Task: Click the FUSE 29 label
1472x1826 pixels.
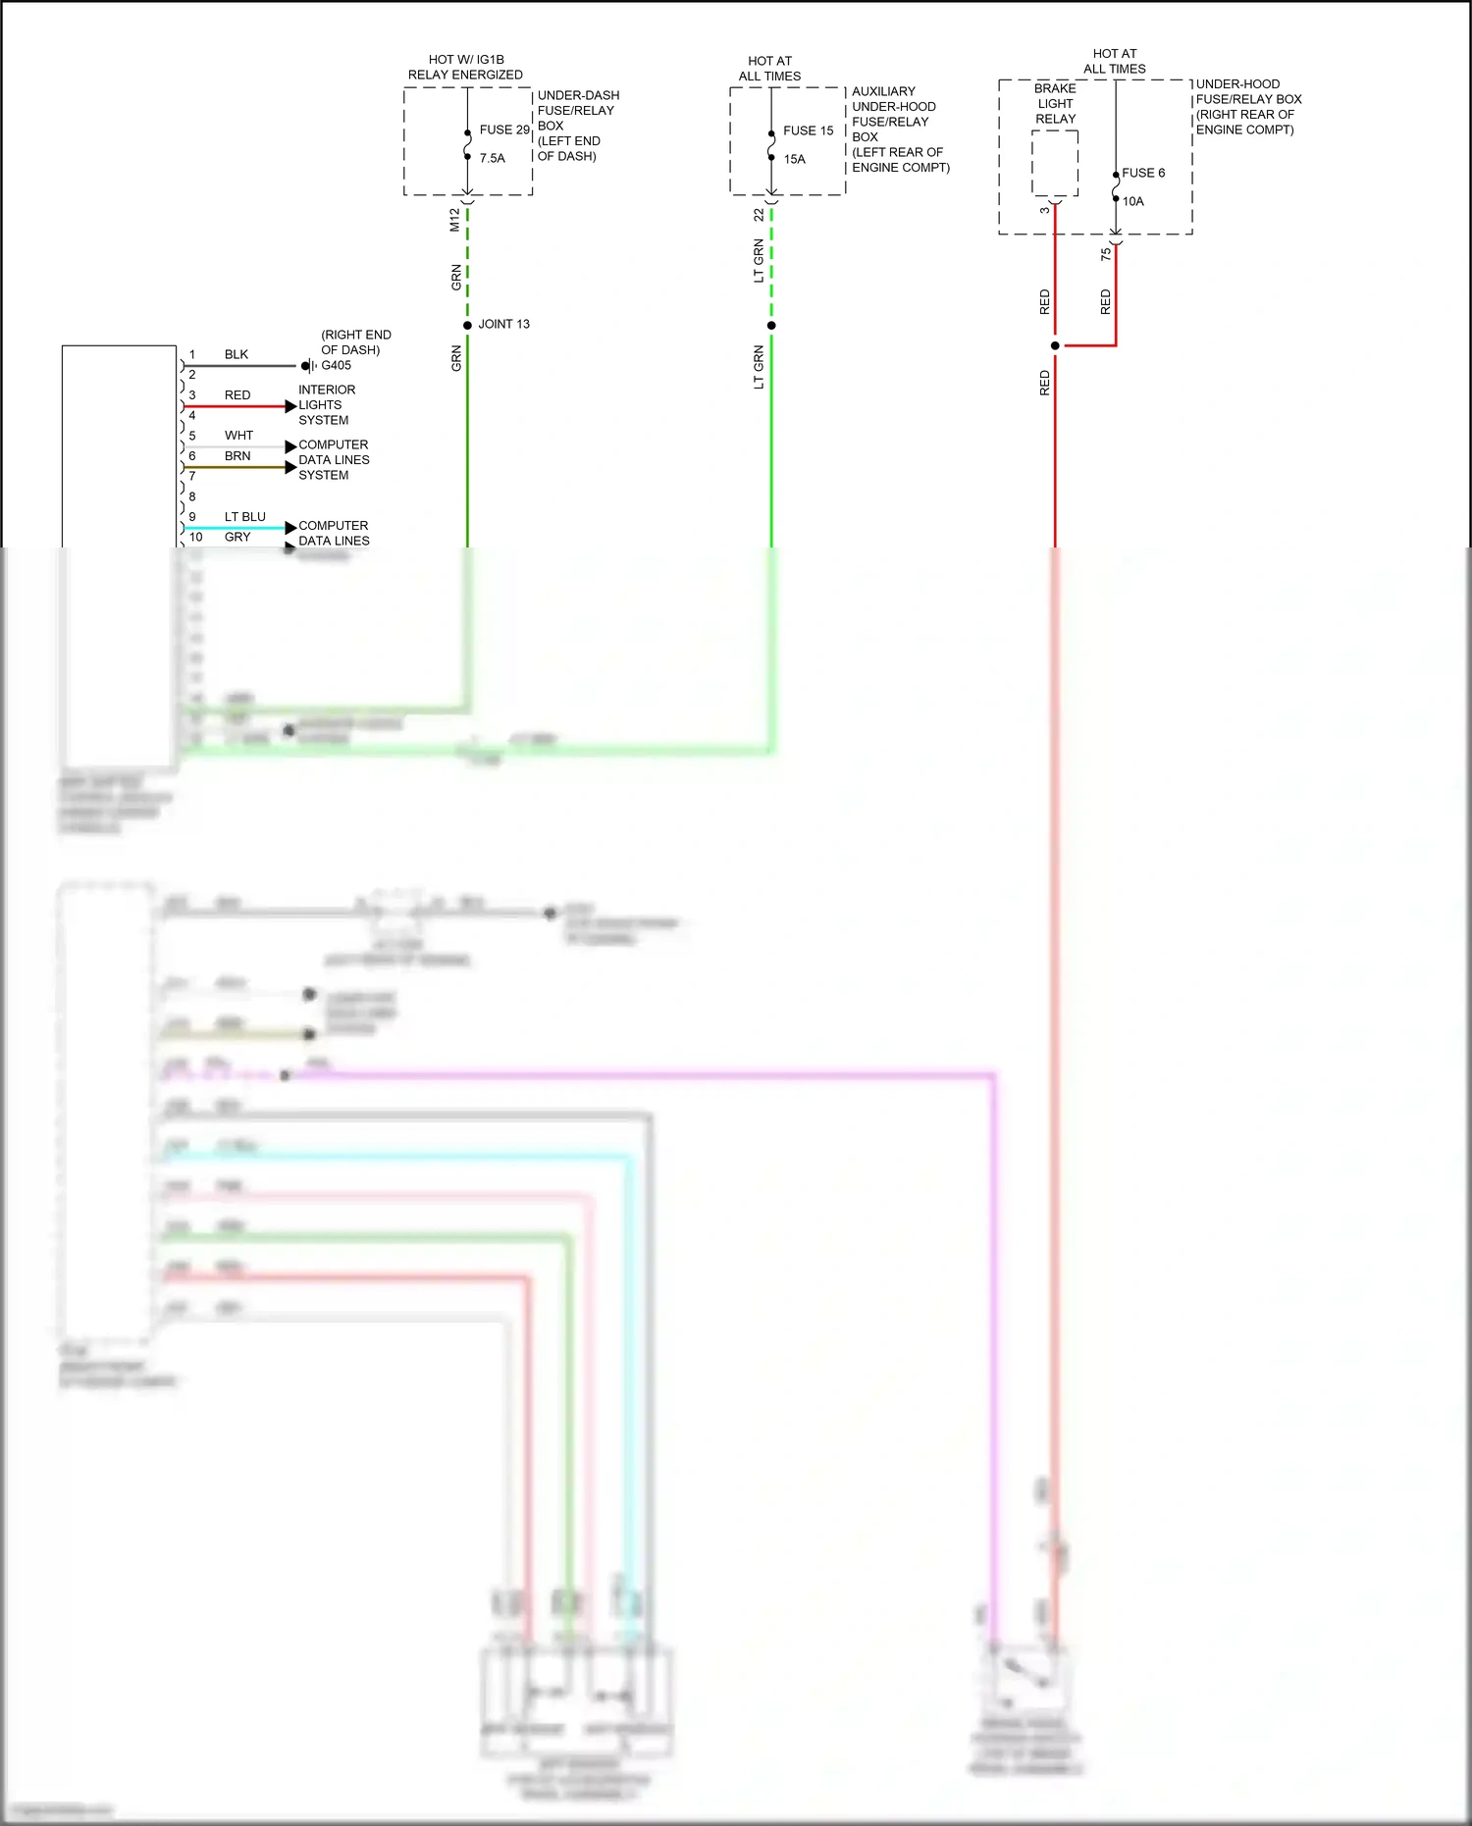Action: click(x=504, y=130)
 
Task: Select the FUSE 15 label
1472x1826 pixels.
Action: click(x=808, y=130)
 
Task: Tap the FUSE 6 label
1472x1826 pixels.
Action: click(x=1143, y=173)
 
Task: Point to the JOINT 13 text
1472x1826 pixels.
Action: click(x=503, y=324)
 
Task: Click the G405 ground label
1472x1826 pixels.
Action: click(x=336, y=365)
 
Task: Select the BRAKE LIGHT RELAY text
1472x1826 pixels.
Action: click(x=1055, y=103)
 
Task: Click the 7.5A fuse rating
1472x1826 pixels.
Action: click(x=492, y=158)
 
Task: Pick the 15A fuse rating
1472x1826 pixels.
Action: click(x=794, y=159)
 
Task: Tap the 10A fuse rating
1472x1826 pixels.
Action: click(x=1132, y=201)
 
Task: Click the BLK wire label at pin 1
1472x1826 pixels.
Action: click(x=237, y=354)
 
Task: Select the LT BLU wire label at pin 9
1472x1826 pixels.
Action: click(x=244, y=516)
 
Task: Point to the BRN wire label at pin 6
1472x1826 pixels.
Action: click(x=237, y=455)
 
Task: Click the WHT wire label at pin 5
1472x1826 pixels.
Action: click(x=238, y=435)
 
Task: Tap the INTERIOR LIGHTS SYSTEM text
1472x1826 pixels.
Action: click(x=327, y=404)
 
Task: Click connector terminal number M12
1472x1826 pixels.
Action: click(x=454, y=220)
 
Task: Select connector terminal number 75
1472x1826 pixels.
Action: click(x=1106, y=254)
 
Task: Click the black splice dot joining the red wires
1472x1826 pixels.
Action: click(x=1055, y=345)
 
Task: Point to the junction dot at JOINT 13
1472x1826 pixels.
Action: click(x=467, y=325)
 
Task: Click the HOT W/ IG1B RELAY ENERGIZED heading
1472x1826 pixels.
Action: click(x=465, y=67)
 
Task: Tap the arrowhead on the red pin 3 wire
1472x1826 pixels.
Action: click(x=290, y=405)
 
